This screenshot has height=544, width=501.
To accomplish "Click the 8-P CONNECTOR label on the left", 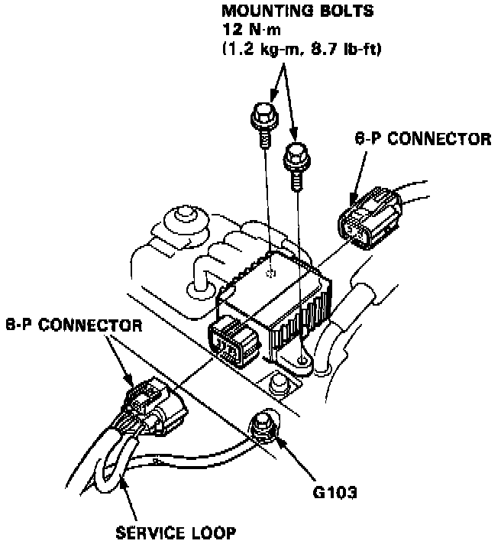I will [73, 324].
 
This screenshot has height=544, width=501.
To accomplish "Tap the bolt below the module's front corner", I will [279, 381].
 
